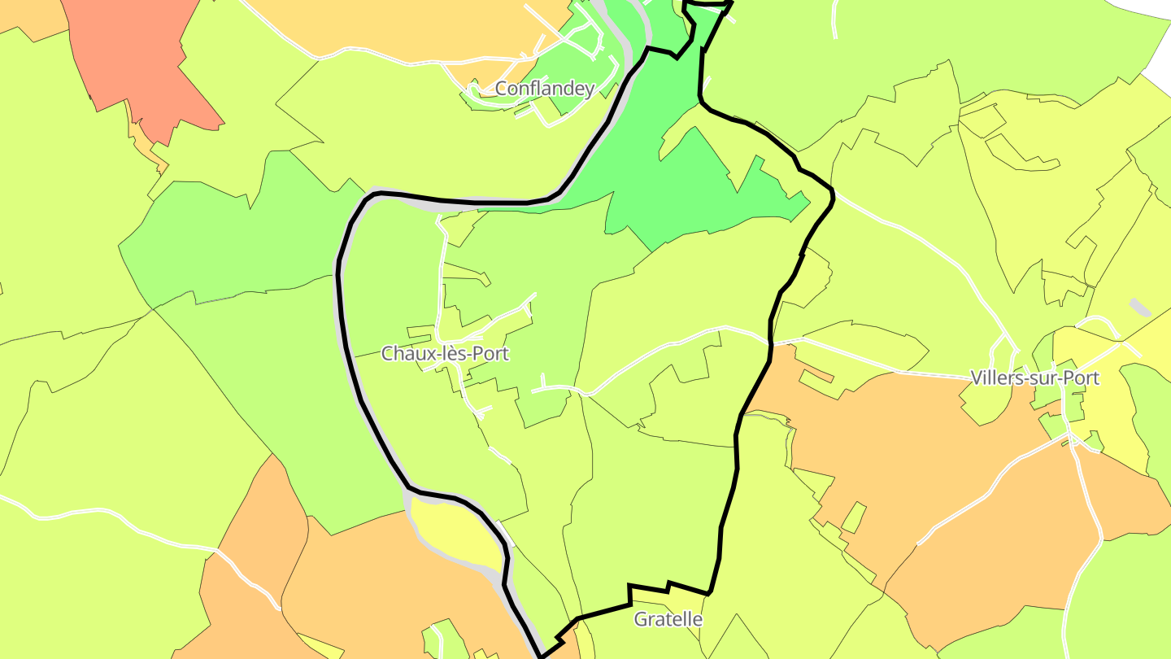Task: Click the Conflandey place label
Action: click(544, 89)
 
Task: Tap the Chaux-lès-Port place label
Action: click(445, 354)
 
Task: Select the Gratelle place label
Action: click(668, 619)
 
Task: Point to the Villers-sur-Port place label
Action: click(1034, 378)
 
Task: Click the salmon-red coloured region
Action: click(138, 57)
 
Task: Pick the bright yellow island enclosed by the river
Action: click(455, 533)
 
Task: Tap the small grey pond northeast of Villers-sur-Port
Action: click(1140, 308)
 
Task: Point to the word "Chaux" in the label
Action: click(403, 354)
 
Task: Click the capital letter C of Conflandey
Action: click(501, 89)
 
